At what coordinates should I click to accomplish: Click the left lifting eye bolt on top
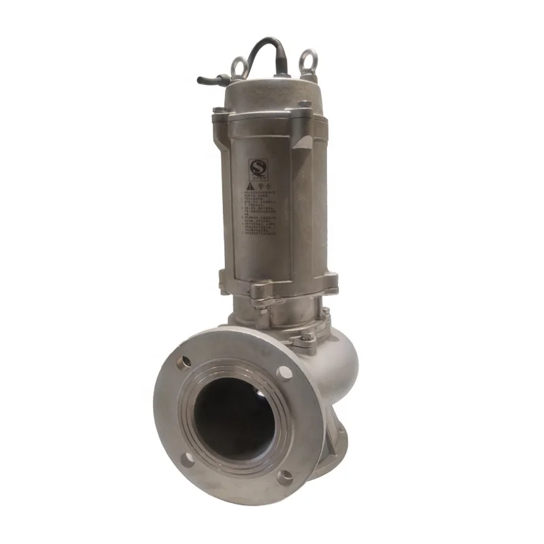coord(239,65)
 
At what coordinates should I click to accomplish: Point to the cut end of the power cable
coord(201,80)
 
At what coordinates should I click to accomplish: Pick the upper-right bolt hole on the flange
coord(285,372)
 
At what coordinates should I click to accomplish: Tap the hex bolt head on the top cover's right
coord(305,105)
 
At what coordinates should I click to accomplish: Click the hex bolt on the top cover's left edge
coord(217,111)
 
